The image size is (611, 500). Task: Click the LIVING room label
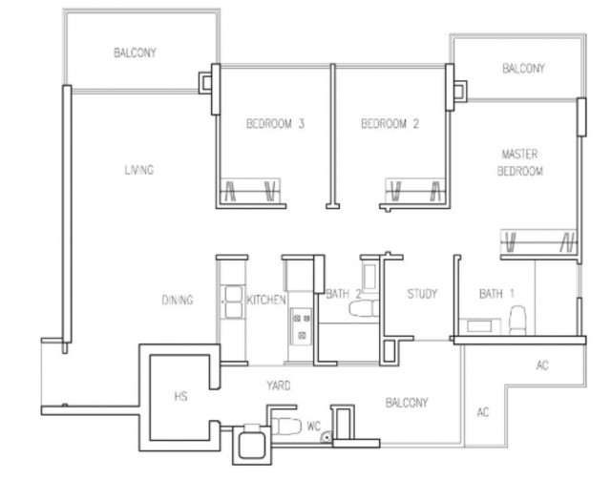[139, 170]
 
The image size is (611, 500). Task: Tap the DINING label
[178, 300]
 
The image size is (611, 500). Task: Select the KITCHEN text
[266, 300]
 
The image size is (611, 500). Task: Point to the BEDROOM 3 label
[275, 124]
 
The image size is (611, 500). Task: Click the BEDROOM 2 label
[390, 124]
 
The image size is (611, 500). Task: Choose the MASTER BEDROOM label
[519, 163]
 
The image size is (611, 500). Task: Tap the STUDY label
[422, 294]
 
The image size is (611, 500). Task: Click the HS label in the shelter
[180, 396]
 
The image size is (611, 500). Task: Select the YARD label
[279, 385]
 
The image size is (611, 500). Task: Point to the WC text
[314, 426]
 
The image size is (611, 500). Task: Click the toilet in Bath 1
[517, 320]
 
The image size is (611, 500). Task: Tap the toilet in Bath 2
[364, 308]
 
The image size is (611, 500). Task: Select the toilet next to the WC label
[285, 426]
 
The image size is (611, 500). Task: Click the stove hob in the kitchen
[302, 326]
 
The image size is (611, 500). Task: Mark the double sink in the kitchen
[233, 302]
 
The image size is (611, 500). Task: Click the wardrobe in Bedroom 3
[250, 191]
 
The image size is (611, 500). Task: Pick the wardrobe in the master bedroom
[538, 241]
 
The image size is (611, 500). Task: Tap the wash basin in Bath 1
[478, 326]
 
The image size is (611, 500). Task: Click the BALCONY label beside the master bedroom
[523, 69]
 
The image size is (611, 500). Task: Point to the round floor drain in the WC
[326, 438]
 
